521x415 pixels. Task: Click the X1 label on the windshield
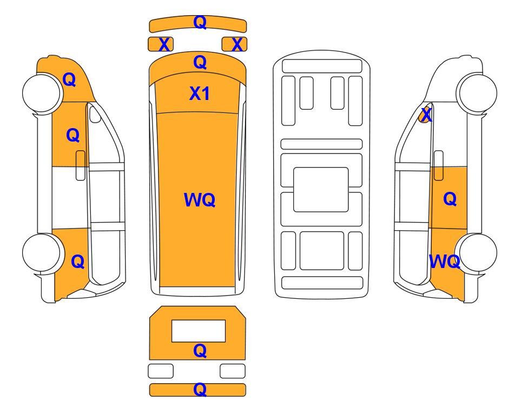199,93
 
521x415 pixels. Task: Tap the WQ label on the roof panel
199,199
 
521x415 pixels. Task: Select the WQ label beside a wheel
444,262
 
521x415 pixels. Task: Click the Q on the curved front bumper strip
200,22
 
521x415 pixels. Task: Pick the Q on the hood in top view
200,62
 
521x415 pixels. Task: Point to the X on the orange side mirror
426,115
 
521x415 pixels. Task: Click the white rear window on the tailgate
199,331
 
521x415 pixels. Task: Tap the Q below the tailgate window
200,351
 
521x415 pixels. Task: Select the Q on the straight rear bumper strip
200,390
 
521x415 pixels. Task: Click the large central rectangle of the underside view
321,190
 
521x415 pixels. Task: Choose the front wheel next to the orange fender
42,93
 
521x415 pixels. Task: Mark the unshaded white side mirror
95,113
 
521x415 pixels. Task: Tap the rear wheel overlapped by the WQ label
477,253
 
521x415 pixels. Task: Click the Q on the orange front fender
69,79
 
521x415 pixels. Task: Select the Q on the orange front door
73,136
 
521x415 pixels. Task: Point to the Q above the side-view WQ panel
450,199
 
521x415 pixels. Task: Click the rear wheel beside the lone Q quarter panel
42,253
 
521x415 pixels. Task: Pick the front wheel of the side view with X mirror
477,93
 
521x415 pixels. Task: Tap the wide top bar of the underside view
322,66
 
